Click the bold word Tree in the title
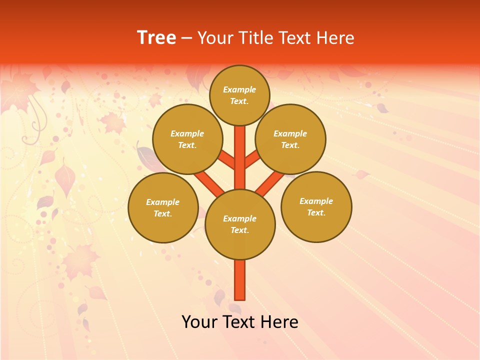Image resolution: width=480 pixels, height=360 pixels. (x=156, y=38)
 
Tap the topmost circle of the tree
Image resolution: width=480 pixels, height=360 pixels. (x=239, y=95)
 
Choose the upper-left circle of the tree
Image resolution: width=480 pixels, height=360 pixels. (x=187, y=139)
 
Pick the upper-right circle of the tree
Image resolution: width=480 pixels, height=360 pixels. (x=290, y=139)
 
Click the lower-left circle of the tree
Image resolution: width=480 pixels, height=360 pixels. (x=163, y=208)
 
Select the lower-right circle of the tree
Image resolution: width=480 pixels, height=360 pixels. (x=316, y=207)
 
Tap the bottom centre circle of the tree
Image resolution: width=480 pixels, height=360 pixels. (x=240, y=224)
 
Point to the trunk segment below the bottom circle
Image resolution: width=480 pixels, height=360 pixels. (x=240, y=280)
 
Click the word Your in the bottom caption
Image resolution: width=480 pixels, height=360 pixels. (x=199, y=322)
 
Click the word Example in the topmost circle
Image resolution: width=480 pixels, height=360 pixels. (x=239, y=89)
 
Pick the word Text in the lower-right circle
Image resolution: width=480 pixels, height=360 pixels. (x=316, y=212)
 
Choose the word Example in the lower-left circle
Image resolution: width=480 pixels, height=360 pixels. (x=162, y=202)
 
